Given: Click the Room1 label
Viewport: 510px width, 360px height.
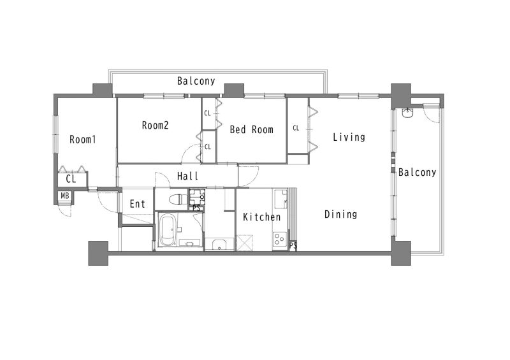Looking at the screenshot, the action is (83, 140).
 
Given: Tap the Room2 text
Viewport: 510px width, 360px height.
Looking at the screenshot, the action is (155, 125).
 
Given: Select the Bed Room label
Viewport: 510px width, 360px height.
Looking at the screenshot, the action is (251, 129).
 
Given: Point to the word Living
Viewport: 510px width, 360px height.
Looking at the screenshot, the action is (349, 137).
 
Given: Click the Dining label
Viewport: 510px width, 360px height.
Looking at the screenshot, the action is (341, 214).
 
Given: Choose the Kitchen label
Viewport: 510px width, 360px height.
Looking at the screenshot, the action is (262, 217).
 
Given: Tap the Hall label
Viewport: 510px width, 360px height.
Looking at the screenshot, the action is (187, 176).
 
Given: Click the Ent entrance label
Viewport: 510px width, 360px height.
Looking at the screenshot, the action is (137, 204).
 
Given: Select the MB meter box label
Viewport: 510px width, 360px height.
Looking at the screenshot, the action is (65, 196).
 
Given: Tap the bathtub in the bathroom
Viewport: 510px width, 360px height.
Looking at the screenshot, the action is (168, 230).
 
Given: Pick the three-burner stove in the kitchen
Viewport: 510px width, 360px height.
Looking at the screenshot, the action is (279, 239).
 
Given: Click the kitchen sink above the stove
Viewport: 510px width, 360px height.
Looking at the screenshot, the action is (281, 199).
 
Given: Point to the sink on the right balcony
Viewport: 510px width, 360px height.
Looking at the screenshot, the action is (407, 113).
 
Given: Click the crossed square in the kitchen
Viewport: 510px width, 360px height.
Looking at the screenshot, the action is (245, 243).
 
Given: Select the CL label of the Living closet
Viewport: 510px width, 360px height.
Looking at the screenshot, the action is (296, 128).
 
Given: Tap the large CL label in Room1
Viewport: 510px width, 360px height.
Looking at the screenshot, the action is (71, 179).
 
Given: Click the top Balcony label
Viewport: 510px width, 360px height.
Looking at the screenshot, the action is (196, 81).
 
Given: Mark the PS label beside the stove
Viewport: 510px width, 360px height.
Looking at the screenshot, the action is (293, 246).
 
